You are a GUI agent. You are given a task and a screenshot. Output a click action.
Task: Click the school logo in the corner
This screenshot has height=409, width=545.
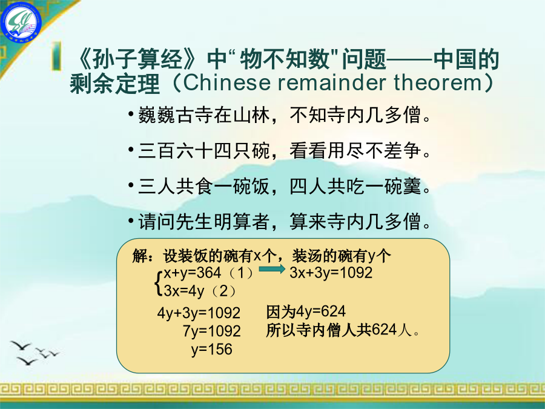click(x=21, y=20)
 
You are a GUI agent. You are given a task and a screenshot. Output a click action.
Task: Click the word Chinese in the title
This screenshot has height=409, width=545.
click(x=226, y=82)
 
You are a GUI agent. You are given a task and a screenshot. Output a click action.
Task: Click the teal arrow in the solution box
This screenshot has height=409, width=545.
click(x=272, y=268)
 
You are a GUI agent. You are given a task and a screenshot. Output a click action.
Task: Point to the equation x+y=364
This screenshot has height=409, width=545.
click(x=192, y=273)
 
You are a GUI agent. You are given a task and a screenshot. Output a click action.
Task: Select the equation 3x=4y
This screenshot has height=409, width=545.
click(x=184, y=291)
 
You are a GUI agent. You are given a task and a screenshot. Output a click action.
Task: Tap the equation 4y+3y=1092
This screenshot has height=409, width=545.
click(x=199, y=313)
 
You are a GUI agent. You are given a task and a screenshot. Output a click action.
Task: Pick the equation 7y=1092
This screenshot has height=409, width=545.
click(x=212, y=331)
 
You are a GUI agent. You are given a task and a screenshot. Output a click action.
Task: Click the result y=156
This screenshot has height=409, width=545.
click(x=212, y=349)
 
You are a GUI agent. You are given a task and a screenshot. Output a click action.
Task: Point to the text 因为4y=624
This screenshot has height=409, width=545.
click(x=306, y=311)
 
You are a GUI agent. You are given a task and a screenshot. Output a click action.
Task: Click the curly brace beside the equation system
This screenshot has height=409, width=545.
click(x=159, y=282)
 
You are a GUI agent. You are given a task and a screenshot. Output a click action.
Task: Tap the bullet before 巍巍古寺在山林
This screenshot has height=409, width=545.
click(x=131, y=114)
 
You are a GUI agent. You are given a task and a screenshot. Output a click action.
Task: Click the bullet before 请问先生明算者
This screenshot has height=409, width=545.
click(x=131, y=221)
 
